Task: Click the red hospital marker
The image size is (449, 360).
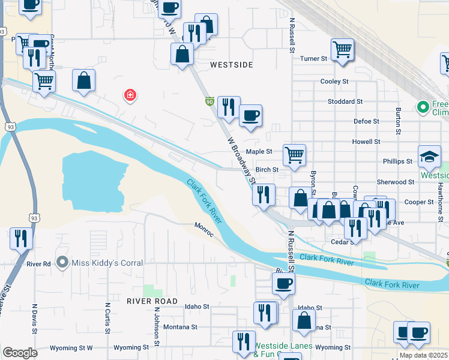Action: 129,95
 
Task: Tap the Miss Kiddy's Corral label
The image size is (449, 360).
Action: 107,263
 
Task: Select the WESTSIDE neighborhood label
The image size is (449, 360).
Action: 231,64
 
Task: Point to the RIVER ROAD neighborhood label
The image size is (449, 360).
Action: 152,301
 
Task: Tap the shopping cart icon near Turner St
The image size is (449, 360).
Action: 342,49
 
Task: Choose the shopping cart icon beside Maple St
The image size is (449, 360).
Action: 294,155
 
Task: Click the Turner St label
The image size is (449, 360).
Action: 313,59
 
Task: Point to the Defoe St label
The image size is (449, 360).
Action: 366,121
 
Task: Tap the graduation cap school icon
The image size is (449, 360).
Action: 429,157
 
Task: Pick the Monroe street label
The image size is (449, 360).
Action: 204,229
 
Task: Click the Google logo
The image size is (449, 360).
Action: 19,353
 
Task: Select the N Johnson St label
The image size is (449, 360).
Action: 155,326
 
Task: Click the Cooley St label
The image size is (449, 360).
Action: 334,81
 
